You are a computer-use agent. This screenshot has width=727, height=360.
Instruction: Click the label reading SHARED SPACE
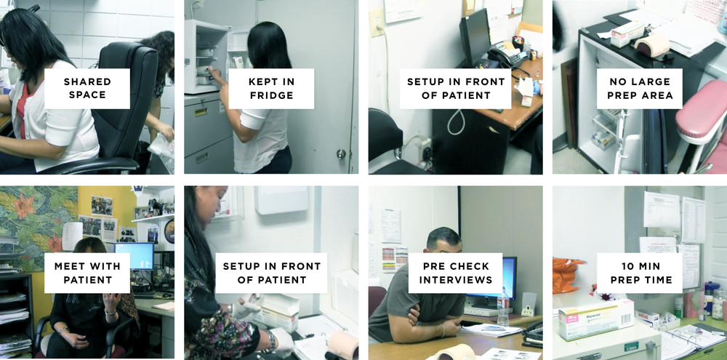(87, 88)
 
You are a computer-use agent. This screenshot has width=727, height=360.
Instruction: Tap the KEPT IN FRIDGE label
(271, 88)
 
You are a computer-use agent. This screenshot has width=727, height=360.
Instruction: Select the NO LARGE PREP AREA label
(639, 88)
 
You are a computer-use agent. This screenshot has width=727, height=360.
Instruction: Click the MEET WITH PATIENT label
(87, 273)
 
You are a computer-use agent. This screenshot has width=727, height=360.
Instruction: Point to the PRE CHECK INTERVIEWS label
(455, 273)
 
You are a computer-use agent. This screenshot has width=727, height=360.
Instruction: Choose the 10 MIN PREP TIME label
(639, 273)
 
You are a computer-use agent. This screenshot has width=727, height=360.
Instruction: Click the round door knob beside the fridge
(341, 154)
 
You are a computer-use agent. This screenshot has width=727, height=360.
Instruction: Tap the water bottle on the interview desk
(503, 306)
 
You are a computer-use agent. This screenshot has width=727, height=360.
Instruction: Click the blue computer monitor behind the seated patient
(134, 256)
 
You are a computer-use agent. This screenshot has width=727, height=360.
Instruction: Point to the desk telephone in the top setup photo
(507, 57)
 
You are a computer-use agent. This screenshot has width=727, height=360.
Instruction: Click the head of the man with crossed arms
(443, 241)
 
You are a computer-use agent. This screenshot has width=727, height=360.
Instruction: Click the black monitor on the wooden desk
(473, 38)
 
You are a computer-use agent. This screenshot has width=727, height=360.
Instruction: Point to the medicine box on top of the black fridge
(627, 33)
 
